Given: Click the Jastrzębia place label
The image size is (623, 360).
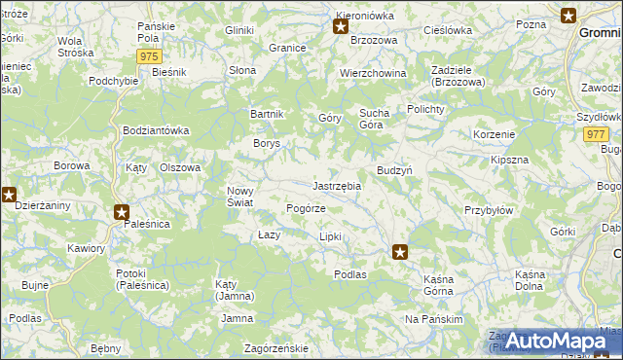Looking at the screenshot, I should coord(337,186).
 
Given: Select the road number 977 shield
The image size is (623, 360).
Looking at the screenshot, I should coord(597,135).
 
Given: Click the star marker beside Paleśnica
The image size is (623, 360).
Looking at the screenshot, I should coord(122,211).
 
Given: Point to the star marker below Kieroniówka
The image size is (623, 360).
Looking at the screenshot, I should coord(341,26).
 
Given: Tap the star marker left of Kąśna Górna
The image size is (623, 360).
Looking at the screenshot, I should coord(400,252).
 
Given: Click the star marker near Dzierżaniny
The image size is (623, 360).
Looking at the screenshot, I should coord(9,194).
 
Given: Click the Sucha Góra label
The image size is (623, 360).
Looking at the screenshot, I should coord(374,119).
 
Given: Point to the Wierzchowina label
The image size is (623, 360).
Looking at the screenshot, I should coord(373,74).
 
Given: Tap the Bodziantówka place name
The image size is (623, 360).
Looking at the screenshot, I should coord(156,130).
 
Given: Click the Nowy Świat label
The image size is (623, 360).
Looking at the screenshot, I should coord(240,197).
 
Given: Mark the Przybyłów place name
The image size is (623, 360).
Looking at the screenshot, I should coord(488,210).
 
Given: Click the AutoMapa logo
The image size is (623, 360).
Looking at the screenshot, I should coord(552,341).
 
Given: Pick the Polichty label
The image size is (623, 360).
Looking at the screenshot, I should coord(425,109).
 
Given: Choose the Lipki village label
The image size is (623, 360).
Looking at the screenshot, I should coord(331,236).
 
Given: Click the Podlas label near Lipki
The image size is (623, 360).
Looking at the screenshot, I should coord(350,274).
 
